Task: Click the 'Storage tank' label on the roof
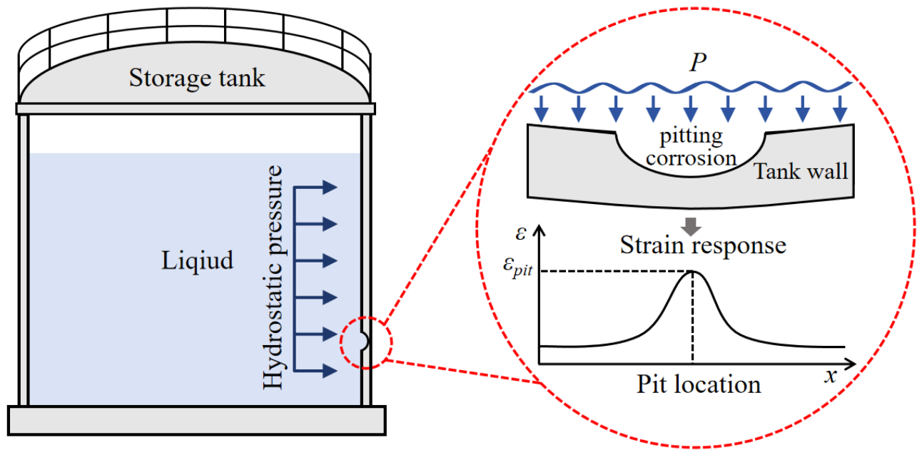pos(197,78)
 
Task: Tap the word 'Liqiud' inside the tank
pos(197,261)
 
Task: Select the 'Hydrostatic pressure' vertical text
pos(273,277)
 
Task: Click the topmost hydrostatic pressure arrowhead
pos(330,187)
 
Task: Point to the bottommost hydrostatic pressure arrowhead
pos(330,371)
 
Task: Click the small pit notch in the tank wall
pos(363,341)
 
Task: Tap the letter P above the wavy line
pos(698,63)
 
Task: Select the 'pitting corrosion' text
pos(691,147)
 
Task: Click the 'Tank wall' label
pos(801,171)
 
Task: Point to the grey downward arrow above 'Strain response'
pos(691,226)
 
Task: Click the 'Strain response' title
pos(703,245)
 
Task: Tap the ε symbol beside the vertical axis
pos(521,234)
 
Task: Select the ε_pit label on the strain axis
pos(518,267)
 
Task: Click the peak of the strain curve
pos(693,271)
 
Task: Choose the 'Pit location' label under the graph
pos(699,384)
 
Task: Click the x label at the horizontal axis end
pos(831,376)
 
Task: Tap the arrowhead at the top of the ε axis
pos(539,230)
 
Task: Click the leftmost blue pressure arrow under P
pos(541,109)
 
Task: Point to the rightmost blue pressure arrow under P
pos(840,109)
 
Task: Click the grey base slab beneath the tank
pos(197,421)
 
